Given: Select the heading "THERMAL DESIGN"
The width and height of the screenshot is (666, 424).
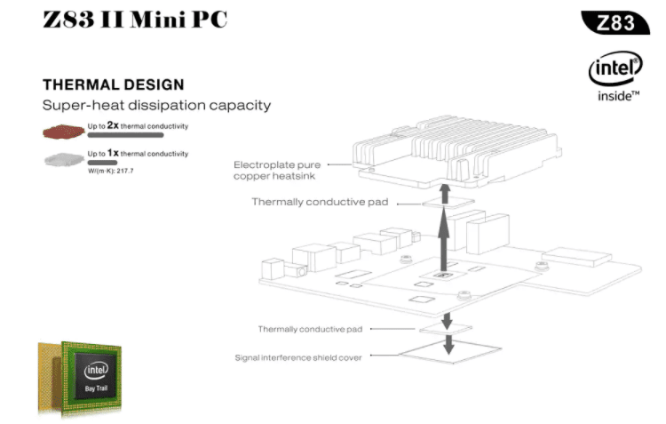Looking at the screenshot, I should click(114, 85).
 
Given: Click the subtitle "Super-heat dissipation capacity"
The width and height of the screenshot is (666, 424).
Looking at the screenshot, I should click(156, 106).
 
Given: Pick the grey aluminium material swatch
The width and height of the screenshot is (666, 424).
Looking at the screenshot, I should click(62, 160).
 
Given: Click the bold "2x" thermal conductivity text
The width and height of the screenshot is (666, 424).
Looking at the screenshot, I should click(113, 125).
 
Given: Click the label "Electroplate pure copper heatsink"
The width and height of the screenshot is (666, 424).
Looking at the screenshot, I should click(278, 170).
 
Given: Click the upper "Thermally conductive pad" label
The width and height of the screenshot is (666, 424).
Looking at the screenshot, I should click(321, 202).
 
